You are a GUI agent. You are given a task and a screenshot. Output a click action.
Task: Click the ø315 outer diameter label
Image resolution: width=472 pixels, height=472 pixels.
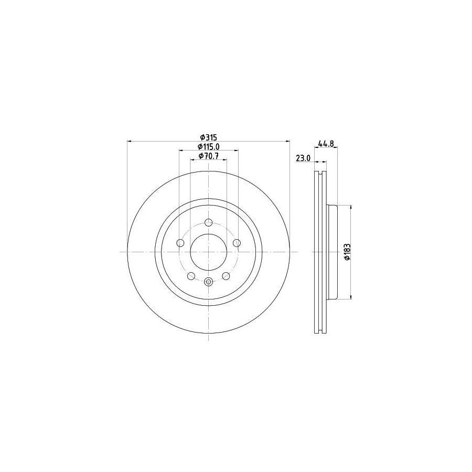click(x=208, y=136)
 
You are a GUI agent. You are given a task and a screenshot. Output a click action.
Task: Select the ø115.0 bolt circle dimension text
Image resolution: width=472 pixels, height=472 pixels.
click(x=208, y=146)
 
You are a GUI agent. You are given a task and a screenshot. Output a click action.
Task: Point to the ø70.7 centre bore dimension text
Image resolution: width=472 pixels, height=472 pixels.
click(x=208, y=156)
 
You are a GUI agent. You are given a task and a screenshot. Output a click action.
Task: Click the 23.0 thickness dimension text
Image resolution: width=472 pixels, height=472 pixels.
click(x=304, y=158)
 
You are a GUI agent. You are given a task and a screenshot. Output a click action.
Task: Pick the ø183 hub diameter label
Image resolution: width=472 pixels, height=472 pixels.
click(x=346, y=252)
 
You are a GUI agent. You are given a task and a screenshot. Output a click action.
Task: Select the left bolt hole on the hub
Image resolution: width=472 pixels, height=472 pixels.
click(x=181, y=242)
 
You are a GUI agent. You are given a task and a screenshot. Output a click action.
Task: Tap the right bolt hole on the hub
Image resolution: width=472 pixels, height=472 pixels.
click(x=237, y=242)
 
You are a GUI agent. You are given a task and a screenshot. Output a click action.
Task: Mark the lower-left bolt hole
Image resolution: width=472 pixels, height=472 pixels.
click(x=191, y=276)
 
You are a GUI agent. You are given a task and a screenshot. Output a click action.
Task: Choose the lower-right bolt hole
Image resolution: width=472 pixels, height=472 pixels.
click(x=226, y=276)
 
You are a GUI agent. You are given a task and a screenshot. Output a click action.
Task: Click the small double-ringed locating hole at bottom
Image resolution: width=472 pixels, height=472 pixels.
click(x=209, y=282)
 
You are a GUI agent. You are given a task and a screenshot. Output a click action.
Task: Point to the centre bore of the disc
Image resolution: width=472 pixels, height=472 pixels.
click(x=209, y=252)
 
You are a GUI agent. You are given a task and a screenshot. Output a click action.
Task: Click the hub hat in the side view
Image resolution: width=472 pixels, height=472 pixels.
click(x=332, y=252)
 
